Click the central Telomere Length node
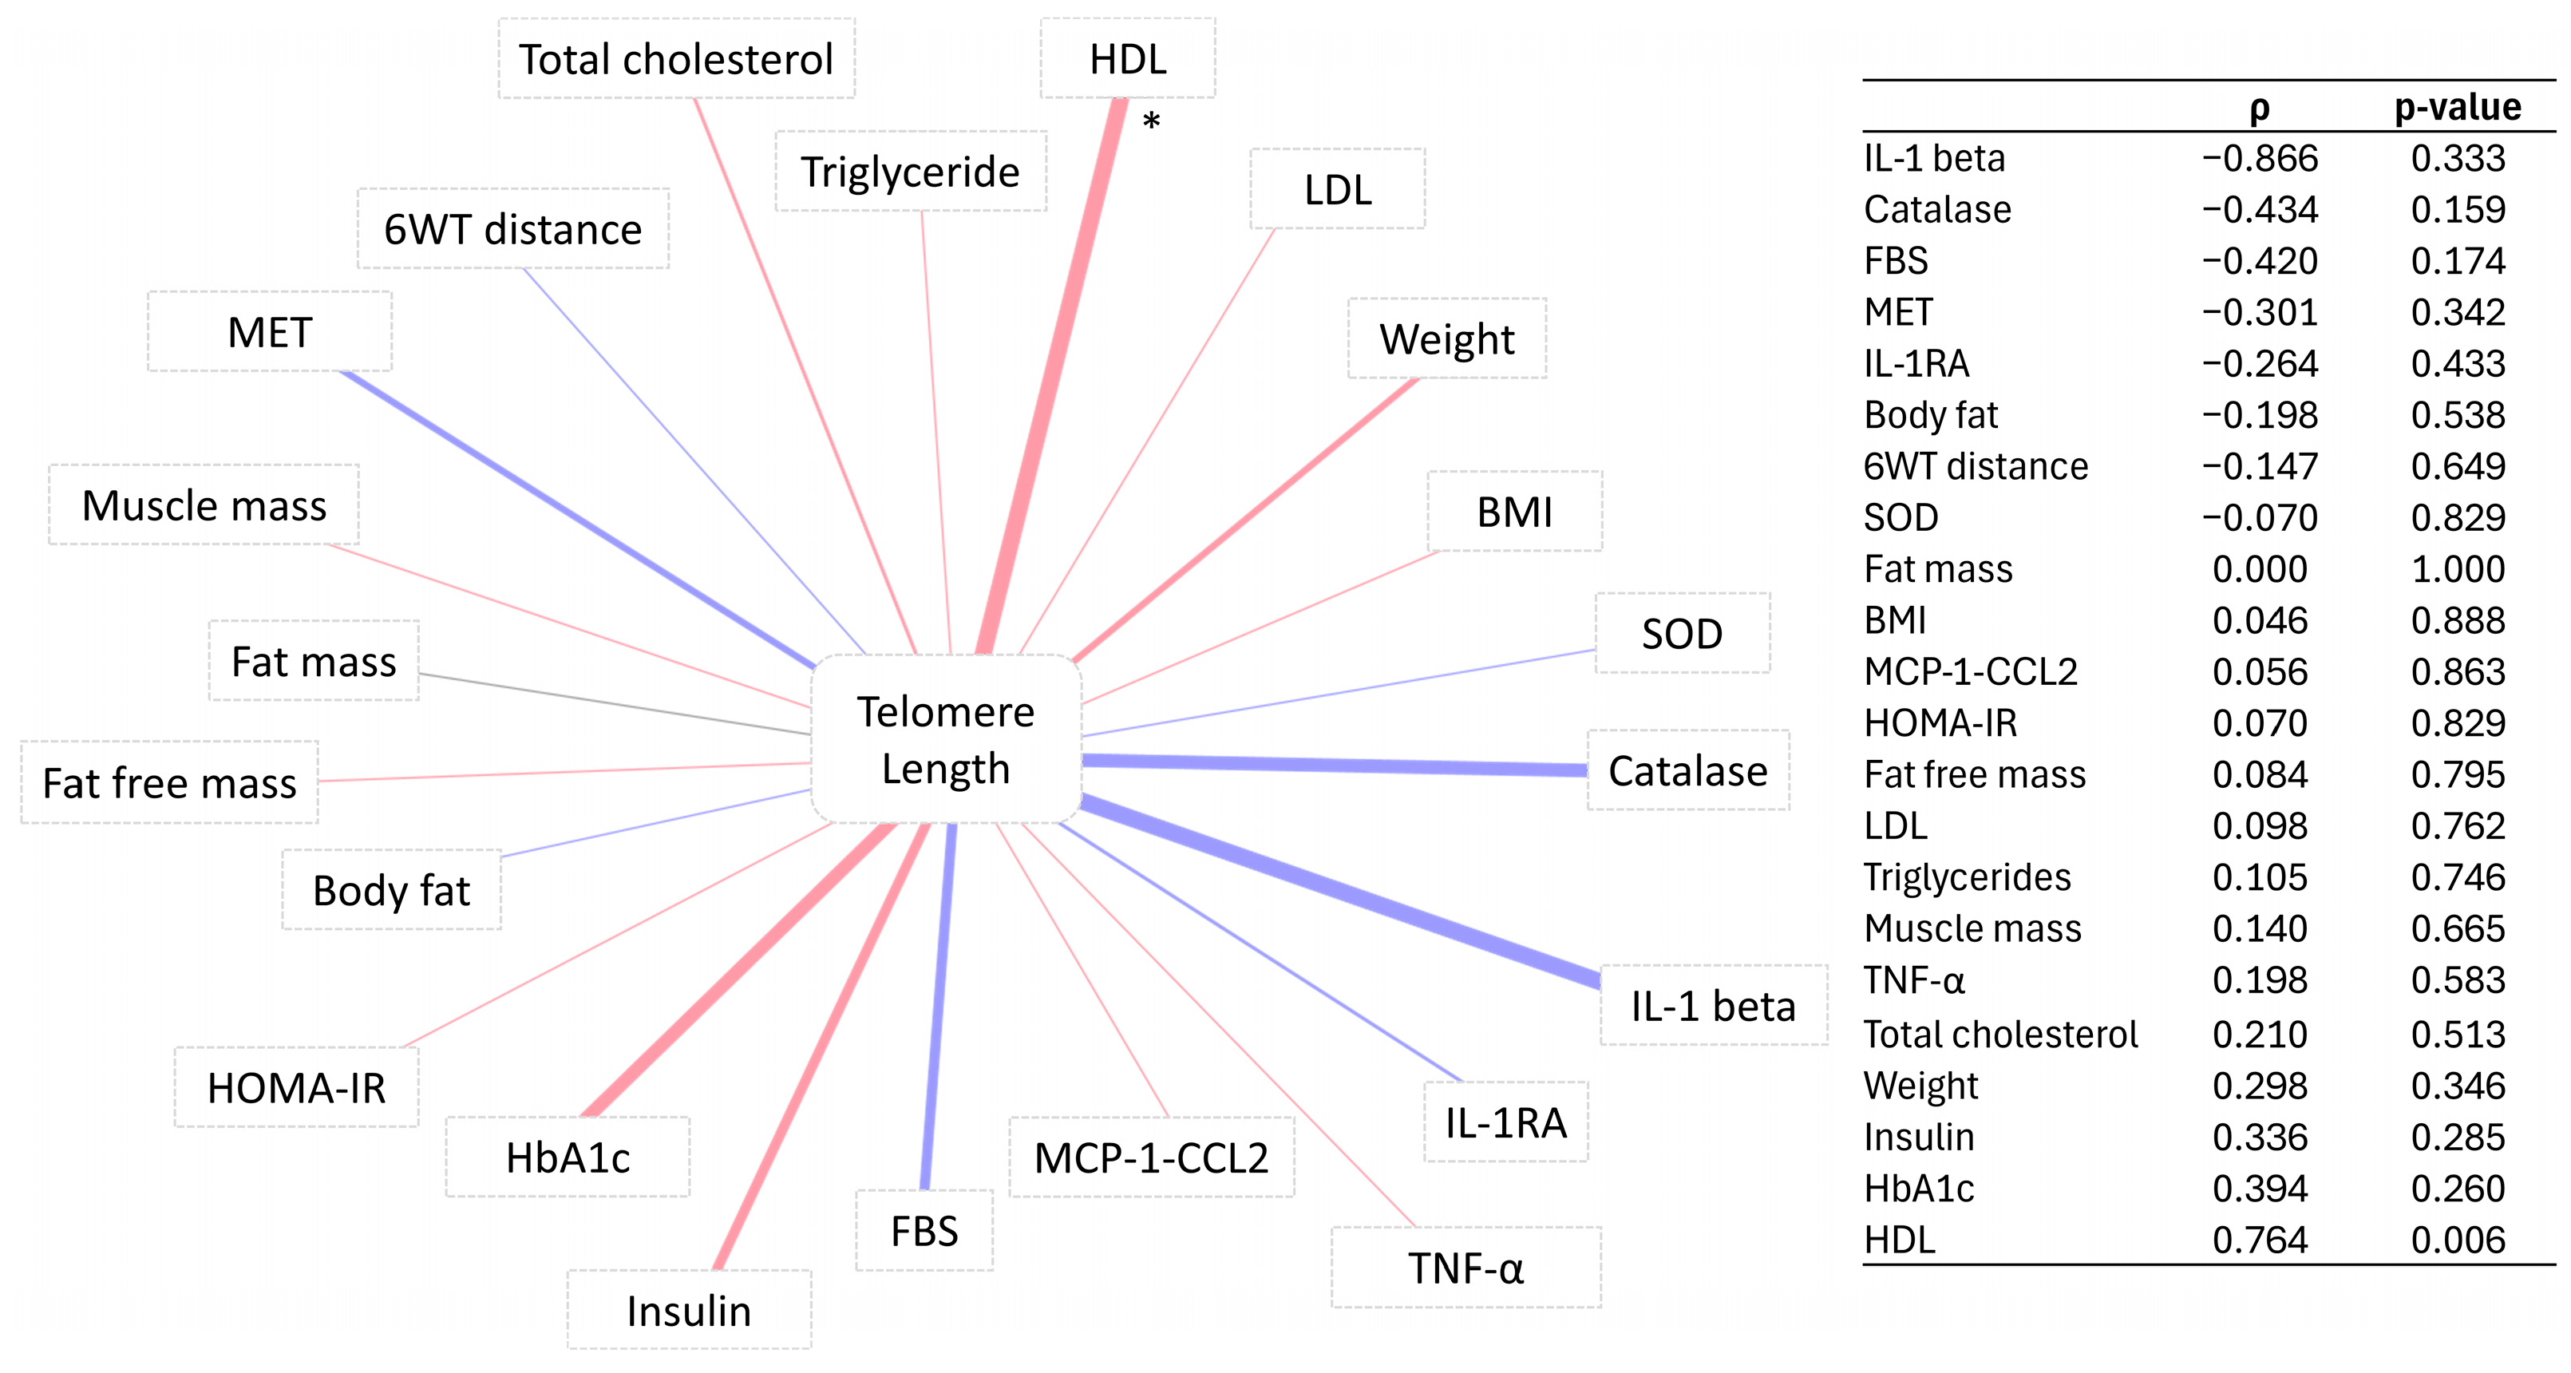click(945, 739)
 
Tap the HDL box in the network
click(1127, 59)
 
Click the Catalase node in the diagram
click(1687, 770)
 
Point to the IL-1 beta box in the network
click(1713, 1005)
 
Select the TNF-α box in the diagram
click(1465, 1268)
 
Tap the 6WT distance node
click(513, 230)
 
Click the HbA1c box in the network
click(567, 1157)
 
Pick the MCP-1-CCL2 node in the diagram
click(1151, 1157)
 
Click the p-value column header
click(2456, 107)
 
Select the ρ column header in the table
click(2260, 108)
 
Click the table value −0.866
click(2260, 159)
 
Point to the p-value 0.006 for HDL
click(2457, 1239)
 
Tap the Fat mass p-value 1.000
click(2457, 568)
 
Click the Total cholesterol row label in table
click(1999, 1034)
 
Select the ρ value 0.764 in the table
click(2260, 1239)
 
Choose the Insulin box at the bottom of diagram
click(689, 1310)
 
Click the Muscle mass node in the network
click(204, 504)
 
